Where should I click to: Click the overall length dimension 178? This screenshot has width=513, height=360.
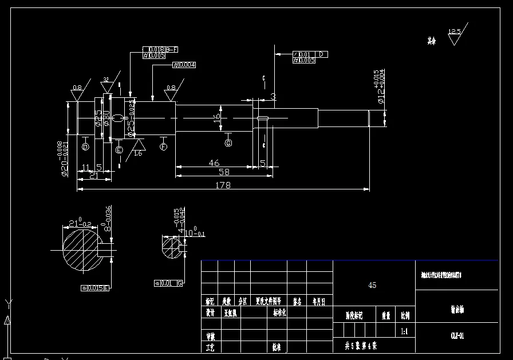click(x=223, y=185)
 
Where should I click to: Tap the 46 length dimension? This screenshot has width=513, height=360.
click(x=214, y=163)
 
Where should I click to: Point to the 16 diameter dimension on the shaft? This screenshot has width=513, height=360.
click(x=216, y=117)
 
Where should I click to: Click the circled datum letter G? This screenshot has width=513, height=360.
click(x=228, y=141)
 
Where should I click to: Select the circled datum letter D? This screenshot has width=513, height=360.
click(x=85, y=147)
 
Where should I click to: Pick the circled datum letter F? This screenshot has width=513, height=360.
click(x=164, y=147)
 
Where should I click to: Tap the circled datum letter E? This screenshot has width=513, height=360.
click(x=119, y=150)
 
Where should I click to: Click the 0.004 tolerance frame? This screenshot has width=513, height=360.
click(x=184, y=65)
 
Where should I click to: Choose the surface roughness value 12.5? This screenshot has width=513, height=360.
click(x=454, y=32)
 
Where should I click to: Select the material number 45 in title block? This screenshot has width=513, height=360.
click(x=372, y=285)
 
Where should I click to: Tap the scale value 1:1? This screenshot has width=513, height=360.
click(x=404, y=331)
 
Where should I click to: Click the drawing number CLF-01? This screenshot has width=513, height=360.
click(x=457, y=335)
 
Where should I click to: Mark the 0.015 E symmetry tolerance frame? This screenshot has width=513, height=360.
click(x=96, y=288)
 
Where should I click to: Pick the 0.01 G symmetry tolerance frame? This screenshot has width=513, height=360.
click(x=168, y=283)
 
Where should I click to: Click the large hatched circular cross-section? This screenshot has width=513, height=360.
click(x=80, y=250)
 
